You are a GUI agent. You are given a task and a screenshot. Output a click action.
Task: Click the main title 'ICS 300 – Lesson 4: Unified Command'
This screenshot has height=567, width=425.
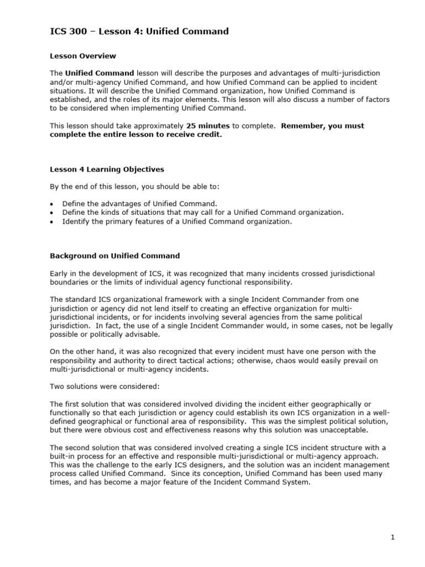[139, 32]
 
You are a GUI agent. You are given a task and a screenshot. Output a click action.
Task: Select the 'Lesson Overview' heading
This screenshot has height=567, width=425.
[83, 56]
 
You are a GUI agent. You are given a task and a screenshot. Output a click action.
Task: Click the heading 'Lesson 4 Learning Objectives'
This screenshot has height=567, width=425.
[107, 169]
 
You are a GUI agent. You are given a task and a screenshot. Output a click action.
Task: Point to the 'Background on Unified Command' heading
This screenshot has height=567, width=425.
[115, 256]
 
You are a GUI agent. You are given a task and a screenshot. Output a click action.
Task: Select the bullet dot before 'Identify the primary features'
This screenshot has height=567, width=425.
[52, 222]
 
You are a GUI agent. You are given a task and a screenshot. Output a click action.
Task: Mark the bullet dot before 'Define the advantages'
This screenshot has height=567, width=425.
[52, 204]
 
